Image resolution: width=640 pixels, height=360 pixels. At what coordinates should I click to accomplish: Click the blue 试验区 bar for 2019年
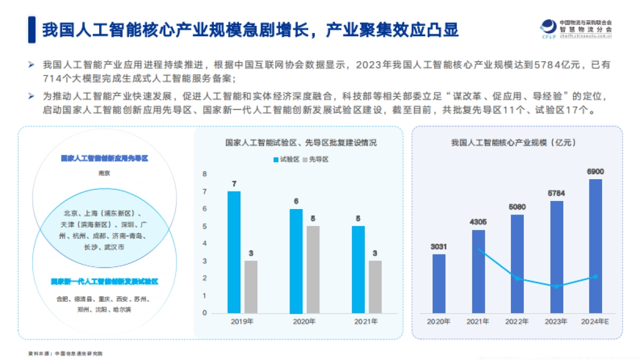(234, 252)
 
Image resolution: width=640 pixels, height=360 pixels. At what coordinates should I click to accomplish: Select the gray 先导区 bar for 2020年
(313, 269)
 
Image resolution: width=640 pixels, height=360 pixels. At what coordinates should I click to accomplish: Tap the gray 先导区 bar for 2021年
(375, 286)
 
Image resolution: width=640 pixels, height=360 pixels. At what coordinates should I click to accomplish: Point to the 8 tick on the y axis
(204, 174)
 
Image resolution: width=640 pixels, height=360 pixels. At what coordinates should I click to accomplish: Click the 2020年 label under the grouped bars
(305, 322)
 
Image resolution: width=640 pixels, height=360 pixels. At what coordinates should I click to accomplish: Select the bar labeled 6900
(595, 246)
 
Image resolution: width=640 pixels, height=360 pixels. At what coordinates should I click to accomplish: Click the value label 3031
(438, 246)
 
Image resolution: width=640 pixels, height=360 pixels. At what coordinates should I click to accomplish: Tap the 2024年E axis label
(595, 322)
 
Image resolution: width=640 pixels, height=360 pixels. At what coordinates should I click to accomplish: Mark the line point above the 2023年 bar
(556, 286)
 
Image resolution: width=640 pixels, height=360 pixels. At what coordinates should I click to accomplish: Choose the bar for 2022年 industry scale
(517, 263)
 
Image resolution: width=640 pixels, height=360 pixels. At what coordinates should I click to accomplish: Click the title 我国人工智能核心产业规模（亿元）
(516, 142)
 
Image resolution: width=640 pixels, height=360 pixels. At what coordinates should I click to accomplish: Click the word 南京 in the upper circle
(104, 173)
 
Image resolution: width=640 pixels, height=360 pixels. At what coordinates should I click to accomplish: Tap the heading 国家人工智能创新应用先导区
(104, 158)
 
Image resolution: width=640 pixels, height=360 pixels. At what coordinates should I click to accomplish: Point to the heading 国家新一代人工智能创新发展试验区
(105, 281)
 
